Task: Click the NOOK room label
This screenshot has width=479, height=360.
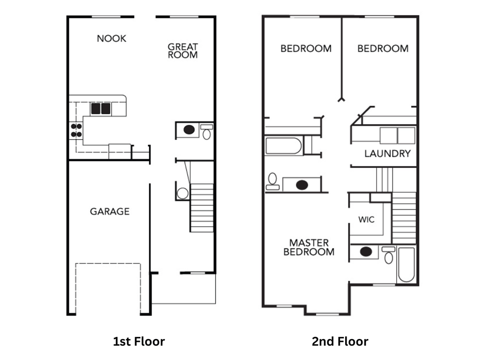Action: pyautogui.click(x=111, y=38)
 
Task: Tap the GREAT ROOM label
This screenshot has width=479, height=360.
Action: pyautogui.click(x=182, y=51)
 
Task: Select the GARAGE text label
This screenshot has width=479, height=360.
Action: pyautogui.click(x=109, y=212)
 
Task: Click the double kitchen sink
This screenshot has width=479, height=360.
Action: pyautogui.click(x=101, y=109)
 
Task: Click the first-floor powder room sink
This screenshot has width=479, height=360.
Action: pyautogui.click(x=189, y=130)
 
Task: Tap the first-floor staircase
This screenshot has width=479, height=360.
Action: pyautogui.click(x=202, y=207)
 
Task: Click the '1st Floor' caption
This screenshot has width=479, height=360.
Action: pyautogui.click(x=139, y=341)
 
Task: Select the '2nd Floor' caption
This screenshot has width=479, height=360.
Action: pyautogui.click(x=340, y=341)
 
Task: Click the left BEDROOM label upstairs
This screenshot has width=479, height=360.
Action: pyautogui.click(x=306, y=48)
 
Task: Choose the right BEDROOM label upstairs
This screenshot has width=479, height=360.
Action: pyautogui.click(x=383, y=48)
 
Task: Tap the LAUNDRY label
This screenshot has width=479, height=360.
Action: pyautogui.click(x=387, y=154)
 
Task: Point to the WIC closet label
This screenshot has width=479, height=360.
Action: pyautogui.click(x=366, y=220)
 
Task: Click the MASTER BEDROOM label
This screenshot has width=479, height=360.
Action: pyautogui.click(x=309, y=247)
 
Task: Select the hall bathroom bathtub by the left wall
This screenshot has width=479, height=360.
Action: pyautogui.click(x=284, y=146)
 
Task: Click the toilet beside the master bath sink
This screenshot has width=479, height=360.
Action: pyautogui.click(x=388, y=255)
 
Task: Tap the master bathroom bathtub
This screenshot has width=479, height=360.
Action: pyautogui.click(x=406, y=264)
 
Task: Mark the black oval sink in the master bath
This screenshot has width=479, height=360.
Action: pyautogui.click(x=366, y=252)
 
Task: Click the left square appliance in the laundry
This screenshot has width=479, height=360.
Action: pyautogui.click(x=388, y=135)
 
